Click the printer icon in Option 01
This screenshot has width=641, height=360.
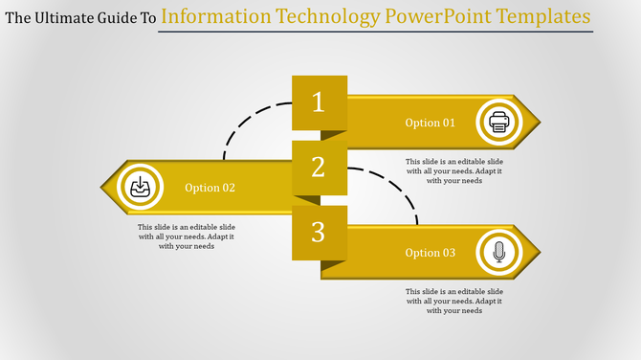[x=497, y=123]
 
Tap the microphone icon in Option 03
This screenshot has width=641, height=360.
[x=497, y=253]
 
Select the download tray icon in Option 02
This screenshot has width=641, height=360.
[x=140, y=187]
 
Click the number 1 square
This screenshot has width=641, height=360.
[x=319, y=102]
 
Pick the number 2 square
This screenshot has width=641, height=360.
[x=319, y=168]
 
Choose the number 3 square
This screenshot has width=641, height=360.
[x=319, y=233]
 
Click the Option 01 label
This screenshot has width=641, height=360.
[x=430, y=123]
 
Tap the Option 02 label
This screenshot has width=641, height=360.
[x=210, y=188]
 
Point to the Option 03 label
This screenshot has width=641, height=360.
[x=430, y=253]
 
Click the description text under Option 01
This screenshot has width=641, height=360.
[x=453, y=170]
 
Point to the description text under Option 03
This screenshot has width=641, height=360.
[x=453, y=301]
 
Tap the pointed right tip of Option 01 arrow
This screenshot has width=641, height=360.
[x=537, y=123]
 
